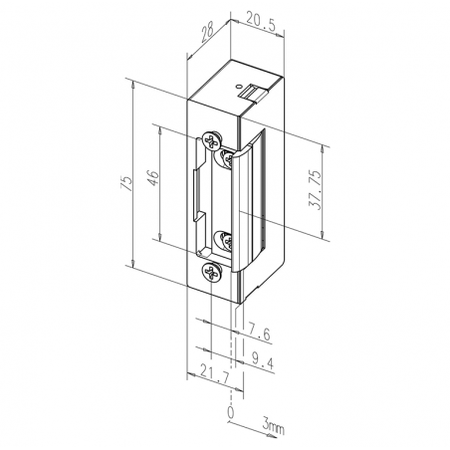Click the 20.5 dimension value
[x=261, y=21]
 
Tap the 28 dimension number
[x=208, y=33]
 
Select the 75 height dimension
[x=126, y=183]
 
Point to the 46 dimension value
[x=153, y=178]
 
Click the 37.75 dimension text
[x=315, y=189]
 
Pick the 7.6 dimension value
[x=259, y=334]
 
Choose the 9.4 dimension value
[x=262, y=360]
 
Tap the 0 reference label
[x=230, y=412]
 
